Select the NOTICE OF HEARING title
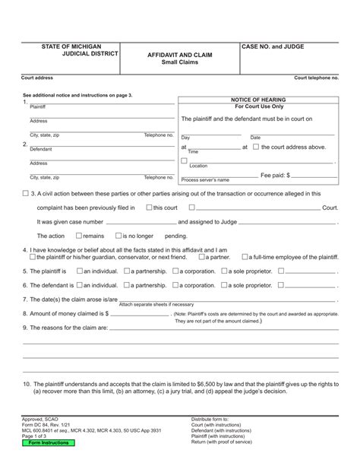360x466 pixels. tap(257, 99)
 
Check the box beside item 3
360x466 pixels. tap(27, 194)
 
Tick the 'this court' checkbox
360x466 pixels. tap(149, 207)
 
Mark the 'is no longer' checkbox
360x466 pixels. tap(118, 236)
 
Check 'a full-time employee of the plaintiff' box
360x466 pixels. tap(245, 257)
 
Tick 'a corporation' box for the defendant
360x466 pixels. tap(176, 285)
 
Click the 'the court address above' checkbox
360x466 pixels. tap(255, 147)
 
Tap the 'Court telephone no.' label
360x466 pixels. tap(316, 78)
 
